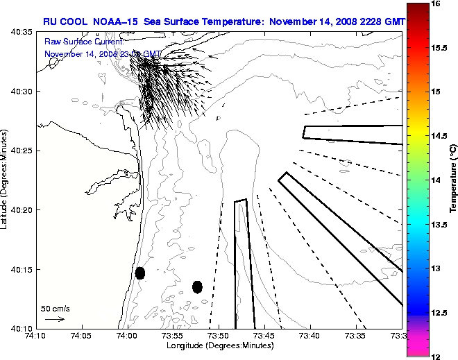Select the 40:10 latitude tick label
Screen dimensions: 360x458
(22, 328)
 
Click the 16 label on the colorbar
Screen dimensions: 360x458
(436, 3)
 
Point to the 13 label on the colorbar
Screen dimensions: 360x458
(436, 268)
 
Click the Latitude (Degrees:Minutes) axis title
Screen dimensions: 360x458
(6, 180)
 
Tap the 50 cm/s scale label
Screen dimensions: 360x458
(56, 308)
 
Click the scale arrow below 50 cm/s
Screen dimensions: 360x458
(55, 319)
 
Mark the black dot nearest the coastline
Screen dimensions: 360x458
(140, 273)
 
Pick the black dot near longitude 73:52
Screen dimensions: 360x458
(197, 286)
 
